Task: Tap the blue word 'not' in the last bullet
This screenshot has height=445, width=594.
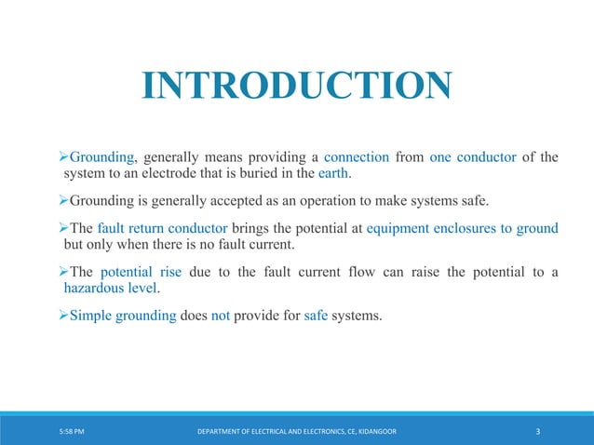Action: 221,316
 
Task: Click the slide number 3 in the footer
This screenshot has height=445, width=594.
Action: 540,431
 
